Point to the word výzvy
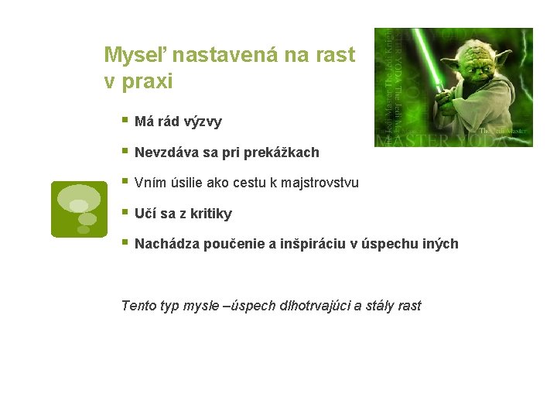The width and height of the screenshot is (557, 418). (x=200, y=122)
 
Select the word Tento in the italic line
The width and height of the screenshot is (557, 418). (x=139, y=306)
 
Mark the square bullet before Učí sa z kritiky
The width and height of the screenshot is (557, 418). (x=125, y=212)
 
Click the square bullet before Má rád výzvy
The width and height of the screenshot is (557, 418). (x=125, y=121)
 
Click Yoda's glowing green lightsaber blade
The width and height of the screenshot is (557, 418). (x=429, y=66)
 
